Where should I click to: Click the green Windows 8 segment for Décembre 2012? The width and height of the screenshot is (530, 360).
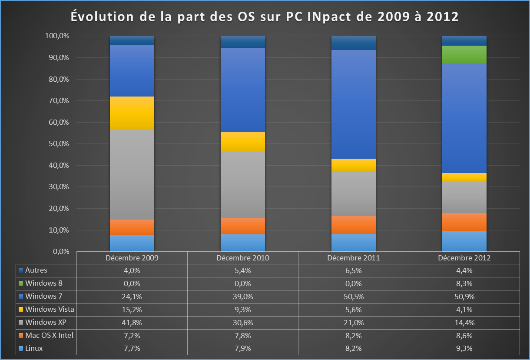(x=464, y=54)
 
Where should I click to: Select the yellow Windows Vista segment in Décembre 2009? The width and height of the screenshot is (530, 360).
(x=132, y=113)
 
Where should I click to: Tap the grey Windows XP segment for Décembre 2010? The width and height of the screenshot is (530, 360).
(x=243, y=185)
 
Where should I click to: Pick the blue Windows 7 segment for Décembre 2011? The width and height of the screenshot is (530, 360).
(x=354, y=104)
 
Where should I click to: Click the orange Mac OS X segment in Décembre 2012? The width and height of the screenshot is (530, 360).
(x=464, y=222)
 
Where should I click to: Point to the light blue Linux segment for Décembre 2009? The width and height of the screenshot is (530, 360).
(x=132, y=243)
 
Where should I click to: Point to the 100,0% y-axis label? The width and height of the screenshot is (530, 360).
(x=57, y=36)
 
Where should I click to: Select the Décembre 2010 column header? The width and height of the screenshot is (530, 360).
(x=243, y=258)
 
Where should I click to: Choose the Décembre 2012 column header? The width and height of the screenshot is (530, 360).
(x=464, y=258)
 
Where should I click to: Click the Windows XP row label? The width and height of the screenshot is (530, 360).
(x=45, y=323)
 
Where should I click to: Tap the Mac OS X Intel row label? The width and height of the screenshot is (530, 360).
(x=49, y=335)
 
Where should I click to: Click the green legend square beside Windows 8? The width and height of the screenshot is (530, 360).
(x=21, y=283)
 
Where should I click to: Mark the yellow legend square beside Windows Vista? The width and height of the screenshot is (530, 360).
(x=21, y=310)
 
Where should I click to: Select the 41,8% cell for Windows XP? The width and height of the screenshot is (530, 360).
(x=132, y=323)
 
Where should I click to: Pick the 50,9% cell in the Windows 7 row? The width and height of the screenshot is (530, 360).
(x=464, y=297)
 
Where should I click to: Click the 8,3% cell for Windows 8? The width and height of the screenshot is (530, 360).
(x=464, y=283)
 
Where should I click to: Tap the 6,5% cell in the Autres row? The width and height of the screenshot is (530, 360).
(x=354, y=270)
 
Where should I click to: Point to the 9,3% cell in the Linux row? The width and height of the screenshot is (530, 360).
(x=464, y=348)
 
